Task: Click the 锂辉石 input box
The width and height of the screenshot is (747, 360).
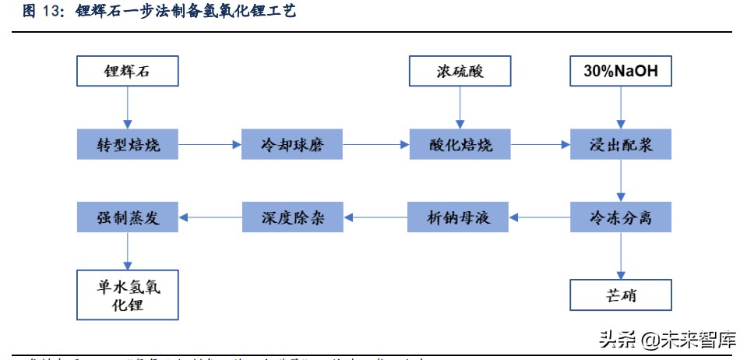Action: point(128,72)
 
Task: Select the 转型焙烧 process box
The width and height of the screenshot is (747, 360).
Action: point(128,144)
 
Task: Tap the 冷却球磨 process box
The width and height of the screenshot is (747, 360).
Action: point(292,144)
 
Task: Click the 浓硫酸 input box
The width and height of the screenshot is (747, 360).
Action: point(460,72)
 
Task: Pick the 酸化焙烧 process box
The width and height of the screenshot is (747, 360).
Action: point(460,144)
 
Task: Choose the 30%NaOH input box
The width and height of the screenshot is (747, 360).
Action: point(620,72)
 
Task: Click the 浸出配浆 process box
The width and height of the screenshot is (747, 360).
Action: point(620,144)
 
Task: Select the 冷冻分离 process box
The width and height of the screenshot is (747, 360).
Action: point(620,217)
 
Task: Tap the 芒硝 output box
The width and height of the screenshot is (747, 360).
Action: point(620,296)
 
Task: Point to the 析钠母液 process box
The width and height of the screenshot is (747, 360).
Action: point(458,217)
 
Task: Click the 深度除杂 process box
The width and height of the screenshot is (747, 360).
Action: point(292,217)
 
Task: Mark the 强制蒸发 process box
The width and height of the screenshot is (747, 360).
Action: point(128,217)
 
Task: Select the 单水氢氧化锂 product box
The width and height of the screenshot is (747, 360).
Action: point(128,295)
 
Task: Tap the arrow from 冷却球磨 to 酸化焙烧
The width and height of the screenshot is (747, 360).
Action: point(376,145)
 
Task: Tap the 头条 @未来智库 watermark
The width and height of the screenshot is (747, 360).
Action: point(667,340)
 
